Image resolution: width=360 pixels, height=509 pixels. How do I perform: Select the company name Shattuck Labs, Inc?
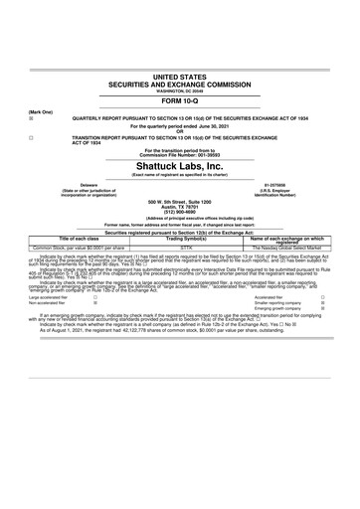(180, 166)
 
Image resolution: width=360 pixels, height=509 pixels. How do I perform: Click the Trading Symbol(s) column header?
(180, 239)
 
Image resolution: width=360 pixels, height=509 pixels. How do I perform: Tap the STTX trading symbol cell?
(180, 248)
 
